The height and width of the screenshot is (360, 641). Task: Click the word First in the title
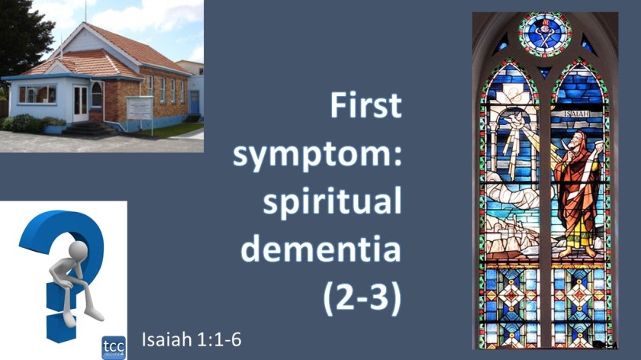[x=366, y=107]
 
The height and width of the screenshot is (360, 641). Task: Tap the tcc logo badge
[x=113, y=344]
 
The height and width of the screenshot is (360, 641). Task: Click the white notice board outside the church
[x=140, y=107]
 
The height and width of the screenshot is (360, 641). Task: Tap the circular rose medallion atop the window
[x=545, y=34]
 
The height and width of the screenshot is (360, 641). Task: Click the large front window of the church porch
[x=37, y=94]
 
